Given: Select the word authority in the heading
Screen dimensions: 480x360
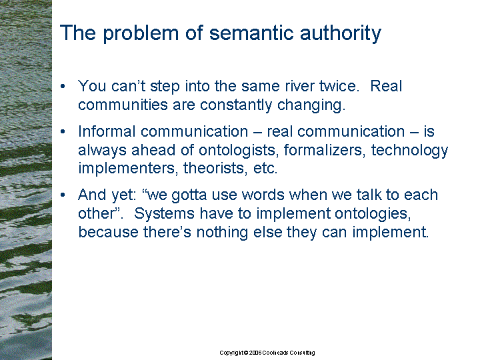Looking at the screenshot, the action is (x=341, y=33).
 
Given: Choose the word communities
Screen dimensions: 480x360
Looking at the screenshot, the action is (x=123, y=105).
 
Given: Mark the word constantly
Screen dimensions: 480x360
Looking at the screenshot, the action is (x=236, y=105).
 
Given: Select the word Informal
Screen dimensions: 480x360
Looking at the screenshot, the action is (x=107, y=131).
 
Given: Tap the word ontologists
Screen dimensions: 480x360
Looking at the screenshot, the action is (x=239, y=151).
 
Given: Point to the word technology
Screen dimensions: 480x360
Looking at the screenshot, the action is (x=409, y=151).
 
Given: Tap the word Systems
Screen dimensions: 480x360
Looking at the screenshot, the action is (x=164, y=214).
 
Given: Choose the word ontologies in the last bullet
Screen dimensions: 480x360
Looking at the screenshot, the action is (x=373, y=214).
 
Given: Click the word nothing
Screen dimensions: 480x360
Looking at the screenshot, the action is (x=222, y=233).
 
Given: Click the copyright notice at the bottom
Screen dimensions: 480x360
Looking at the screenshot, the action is (x=267, y=353).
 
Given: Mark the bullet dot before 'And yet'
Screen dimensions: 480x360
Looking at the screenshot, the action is (x=63, y=195).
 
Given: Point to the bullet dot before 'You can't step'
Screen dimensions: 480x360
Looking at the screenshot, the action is (x=63, y=86).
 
